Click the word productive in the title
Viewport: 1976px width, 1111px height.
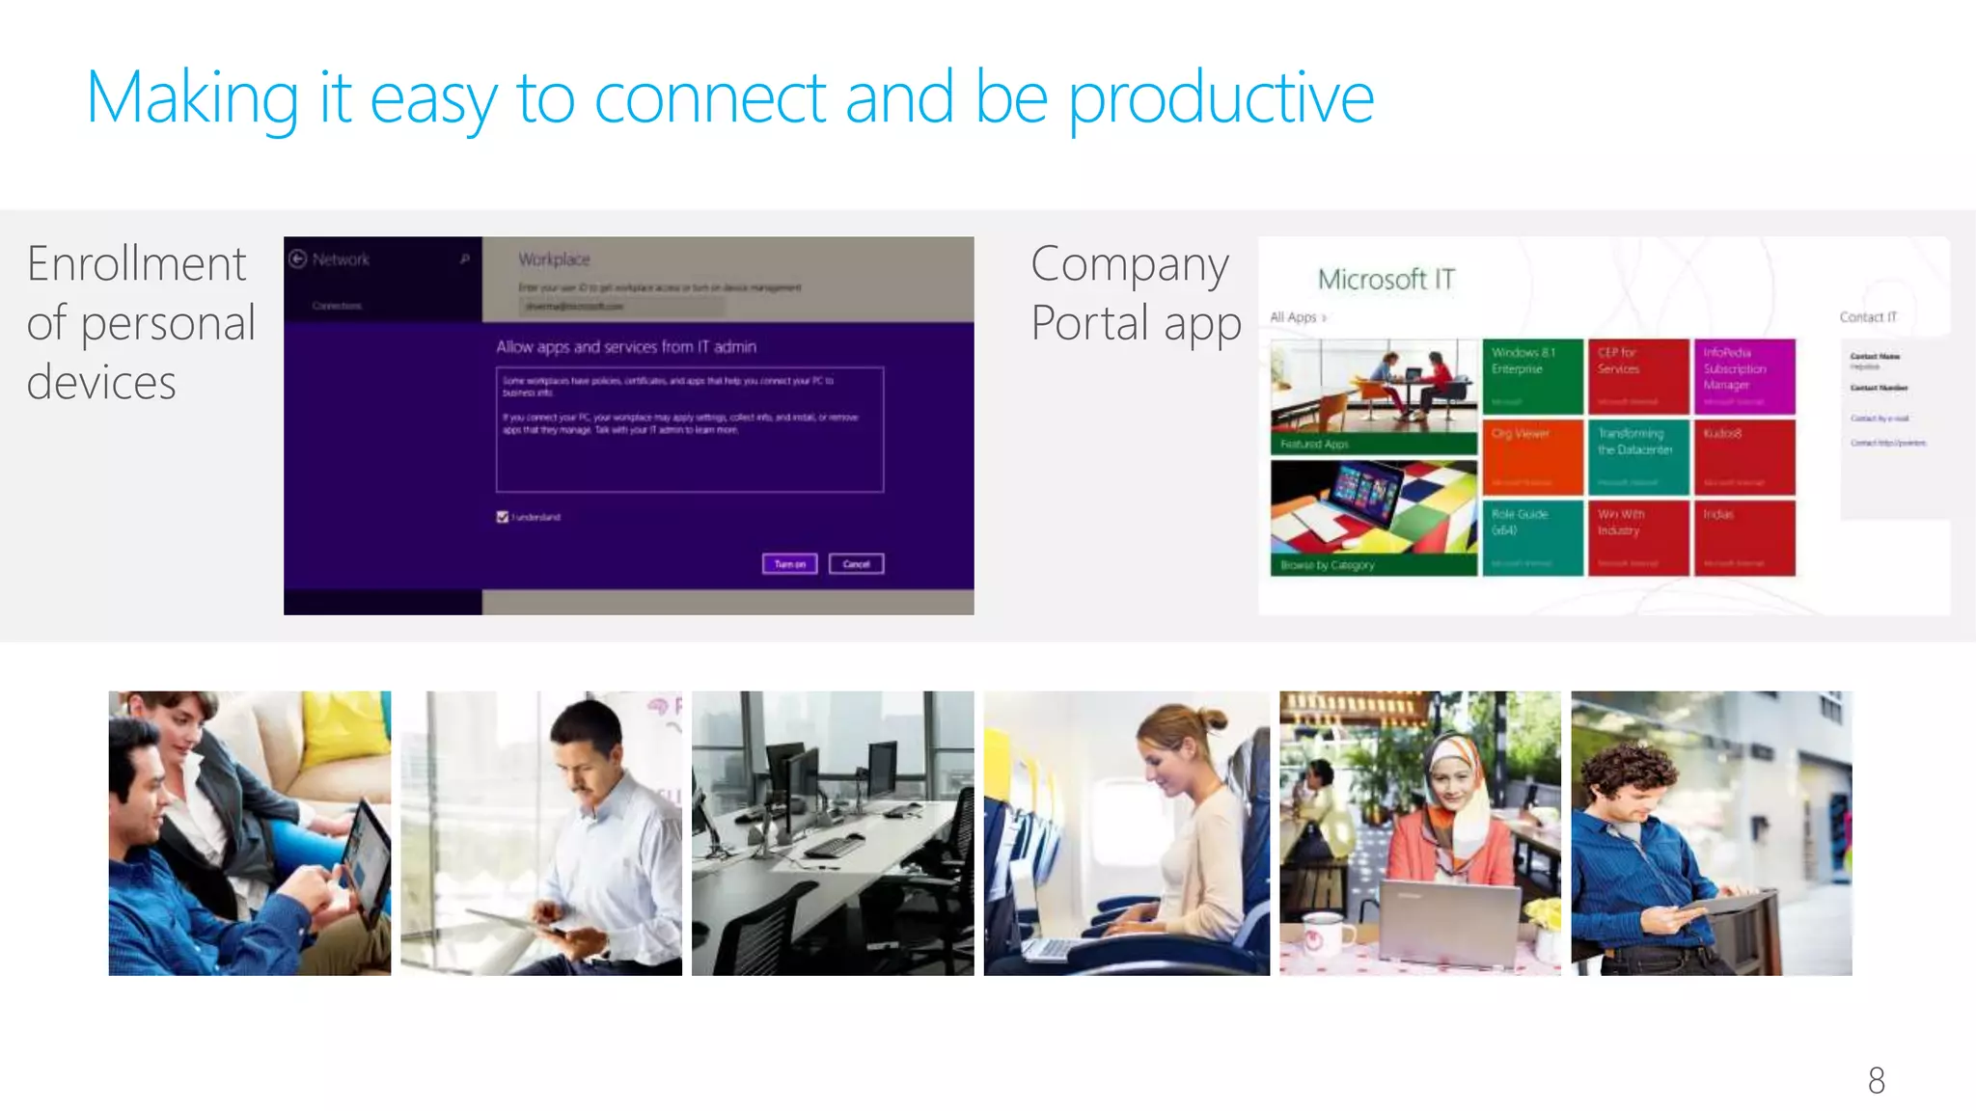click(x=1221, y=100)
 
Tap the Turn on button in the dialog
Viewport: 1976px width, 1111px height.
click(x=789, y=564)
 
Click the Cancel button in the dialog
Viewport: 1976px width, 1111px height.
click(x=856, y=564)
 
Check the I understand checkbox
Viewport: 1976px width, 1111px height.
click(x=503, y=517)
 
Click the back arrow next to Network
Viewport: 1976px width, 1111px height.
click(x=298, y=258)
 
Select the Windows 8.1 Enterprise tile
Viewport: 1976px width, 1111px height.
click(x=1532, y=376)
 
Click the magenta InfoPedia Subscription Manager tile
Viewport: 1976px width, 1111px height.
click(x=1743, y=376)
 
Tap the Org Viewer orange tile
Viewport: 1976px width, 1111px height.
click(x=1532, y=457)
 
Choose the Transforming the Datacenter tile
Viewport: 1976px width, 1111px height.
click(x=1637, y=457)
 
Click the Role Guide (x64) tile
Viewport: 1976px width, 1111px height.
click(x=1532, y=537)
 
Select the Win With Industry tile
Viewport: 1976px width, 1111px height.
click(x=1637, y=537)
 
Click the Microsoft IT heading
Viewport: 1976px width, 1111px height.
click(x=1386, y=280)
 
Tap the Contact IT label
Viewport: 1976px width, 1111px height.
click(x=1867, y=317)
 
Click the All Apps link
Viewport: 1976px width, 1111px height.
click(x=1296, y=317)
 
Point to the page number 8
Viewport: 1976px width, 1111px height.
click(x=1876, y=1080)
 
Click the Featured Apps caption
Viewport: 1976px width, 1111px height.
click(x=1314, y=445)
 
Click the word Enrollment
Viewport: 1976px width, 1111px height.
click(x=137, y=264)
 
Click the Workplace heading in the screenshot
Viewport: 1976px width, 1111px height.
click(x=554, y=259)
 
